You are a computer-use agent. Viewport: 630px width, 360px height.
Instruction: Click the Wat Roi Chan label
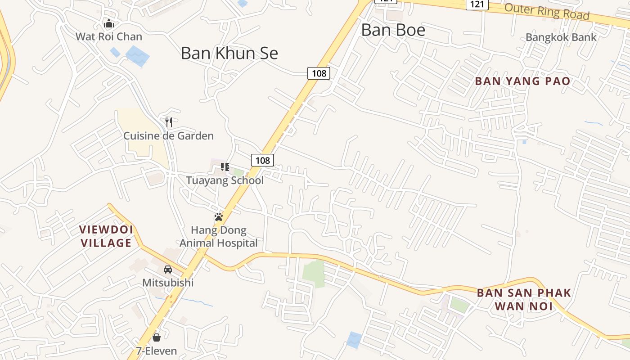click(x=108, y=36)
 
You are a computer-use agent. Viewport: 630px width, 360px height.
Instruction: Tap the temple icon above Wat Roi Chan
click(x=108, y=23)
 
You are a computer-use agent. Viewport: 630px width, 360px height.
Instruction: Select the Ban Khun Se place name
click(x=229, y=53)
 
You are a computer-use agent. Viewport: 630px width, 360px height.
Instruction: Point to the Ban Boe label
click(x=393, y=30)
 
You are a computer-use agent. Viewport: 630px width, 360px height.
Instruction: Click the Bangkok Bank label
click(x=561, y=37)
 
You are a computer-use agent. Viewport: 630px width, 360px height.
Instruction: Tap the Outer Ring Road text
click(x=547, y=11)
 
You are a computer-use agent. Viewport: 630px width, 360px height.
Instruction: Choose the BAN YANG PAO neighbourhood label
click(x=523, y=81)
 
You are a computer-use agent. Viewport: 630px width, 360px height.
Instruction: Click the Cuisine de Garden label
click(x=169, y=135)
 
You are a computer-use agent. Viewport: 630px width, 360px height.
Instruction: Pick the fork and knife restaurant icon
click(x=169, y=122)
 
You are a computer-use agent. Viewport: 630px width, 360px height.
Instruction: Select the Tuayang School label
click(x=225, y=180)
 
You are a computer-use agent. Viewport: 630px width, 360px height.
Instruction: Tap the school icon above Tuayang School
click(x=225, y=167)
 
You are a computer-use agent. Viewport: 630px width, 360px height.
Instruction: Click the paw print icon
click(x=219, y=217)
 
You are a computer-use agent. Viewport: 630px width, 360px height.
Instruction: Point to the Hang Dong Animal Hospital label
click(x=219, y=237)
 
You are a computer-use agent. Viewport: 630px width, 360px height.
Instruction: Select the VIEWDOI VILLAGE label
click(x=106, y=236)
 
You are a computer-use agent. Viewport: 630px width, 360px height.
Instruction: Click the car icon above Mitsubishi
click(x=168, y=270)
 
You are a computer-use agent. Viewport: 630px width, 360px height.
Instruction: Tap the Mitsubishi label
click(x=168, y=283)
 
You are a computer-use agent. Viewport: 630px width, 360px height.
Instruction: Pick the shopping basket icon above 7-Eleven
click(x=157, y=337)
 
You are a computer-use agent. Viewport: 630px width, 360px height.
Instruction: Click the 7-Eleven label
click(x=157, y=351)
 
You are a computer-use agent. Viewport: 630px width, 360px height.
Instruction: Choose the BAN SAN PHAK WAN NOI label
click(x=524, y=300)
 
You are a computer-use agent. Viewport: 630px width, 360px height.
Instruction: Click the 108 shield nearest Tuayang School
click(x=262, y=160)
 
